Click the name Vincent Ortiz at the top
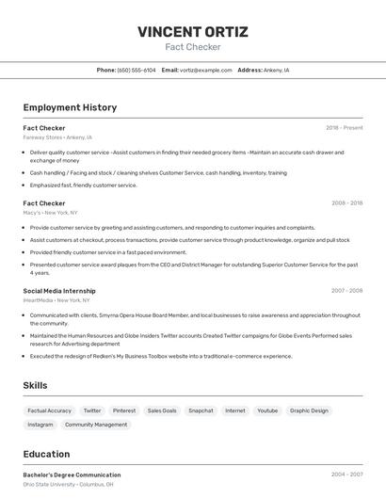(x=193, y=32)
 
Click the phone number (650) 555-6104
(x=137, y=70)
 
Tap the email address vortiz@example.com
(x=206, y=70)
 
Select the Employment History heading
(x=70, y=107)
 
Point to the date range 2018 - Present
(x=344, y=127)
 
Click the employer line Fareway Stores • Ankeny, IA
(x=57, y=137)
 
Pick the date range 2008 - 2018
(x=346, y=202)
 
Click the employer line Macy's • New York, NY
(x=50, y=212)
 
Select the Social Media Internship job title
(x=59, y=291)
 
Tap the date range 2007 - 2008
(x=346, y=291)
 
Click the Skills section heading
(x=35, y=385)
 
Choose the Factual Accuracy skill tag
(x=49, y=410)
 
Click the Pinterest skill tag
(x=124, y=410)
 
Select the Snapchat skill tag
(x=201, y=410)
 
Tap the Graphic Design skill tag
(x=309, y=410)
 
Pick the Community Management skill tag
(x=96, y=425)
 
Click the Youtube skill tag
(x=267, y=410)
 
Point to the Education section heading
(x=46, y=454)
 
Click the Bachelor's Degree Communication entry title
(x=72, y=475)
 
